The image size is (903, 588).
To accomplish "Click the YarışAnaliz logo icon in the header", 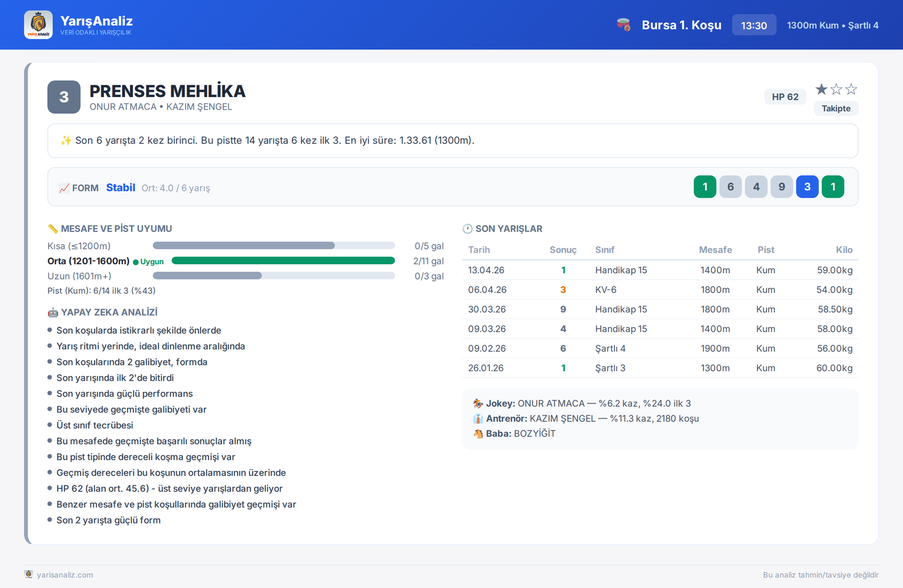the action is (x=38, y=25).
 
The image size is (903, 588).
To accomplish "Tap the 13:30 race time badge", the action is (x=754, y=25).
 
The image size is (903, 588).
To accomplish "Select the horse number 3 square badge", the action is (x=64, y=97).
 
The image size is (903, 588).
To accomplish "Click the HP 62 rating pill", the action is (x=785, y=97).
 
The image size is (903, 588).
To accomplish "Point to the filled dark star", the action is (x=821, y=89).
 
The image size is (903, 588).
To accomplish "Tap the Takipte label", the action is (x=836, y=108).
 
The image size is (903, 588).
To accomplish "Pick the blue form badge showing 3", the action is (x=807, y=187).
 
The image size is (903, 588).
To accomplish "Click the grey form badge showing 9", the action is (x=782, y=187).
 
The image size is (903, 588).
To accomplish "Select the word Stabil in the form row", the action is (x=121, y=188).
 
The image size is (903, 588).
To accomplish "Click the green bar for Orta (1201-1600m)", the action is (x=283, y=261).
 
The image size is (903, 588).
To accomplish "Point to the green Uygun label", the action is (x=148, y=262).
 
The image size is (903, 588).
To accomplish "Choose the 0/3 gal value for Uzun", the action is (x=429, y=276).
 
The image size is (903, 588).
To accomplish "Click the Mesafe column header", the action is (x=715, y=250).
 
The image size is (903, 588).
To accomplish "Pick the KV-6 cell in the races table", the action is (x=606, y=290).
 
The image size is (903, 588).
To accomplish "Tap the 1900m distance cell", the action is (x=714, y=349).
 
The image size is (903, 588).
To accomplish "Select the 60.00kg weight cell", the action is (x=834, y=368).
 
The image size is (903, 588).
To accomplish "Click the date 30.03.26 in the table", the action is (x=486, y=309).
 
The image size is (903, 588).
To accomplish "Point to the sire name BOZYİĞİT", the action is (x=534, y=433).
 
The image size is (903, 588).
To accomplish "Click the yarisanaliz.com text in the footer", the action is (x=65, y=574).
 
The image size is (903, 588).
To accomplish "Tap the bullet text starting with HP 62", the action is (x=169, y=489).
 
